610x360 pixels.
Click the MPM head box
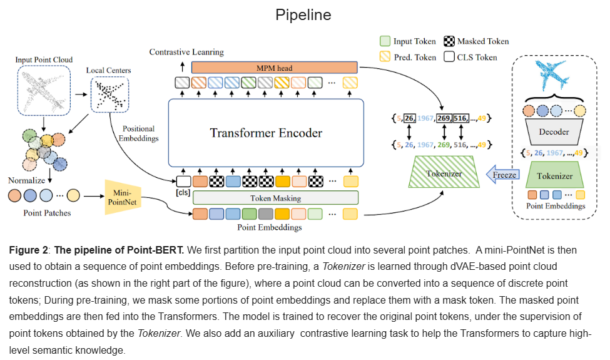(274, 68)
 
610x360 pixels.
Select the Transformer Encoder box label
(266, 133)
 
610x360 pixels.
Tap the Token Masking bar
(275, 198)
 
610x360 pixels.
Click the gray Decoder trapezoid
(554, 131)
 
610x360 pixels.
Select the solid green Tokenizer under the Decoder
(554, 175)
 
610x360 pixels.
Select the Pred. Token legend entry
(408, 57)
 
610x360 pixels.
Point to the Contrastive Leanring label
(186, 52)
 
